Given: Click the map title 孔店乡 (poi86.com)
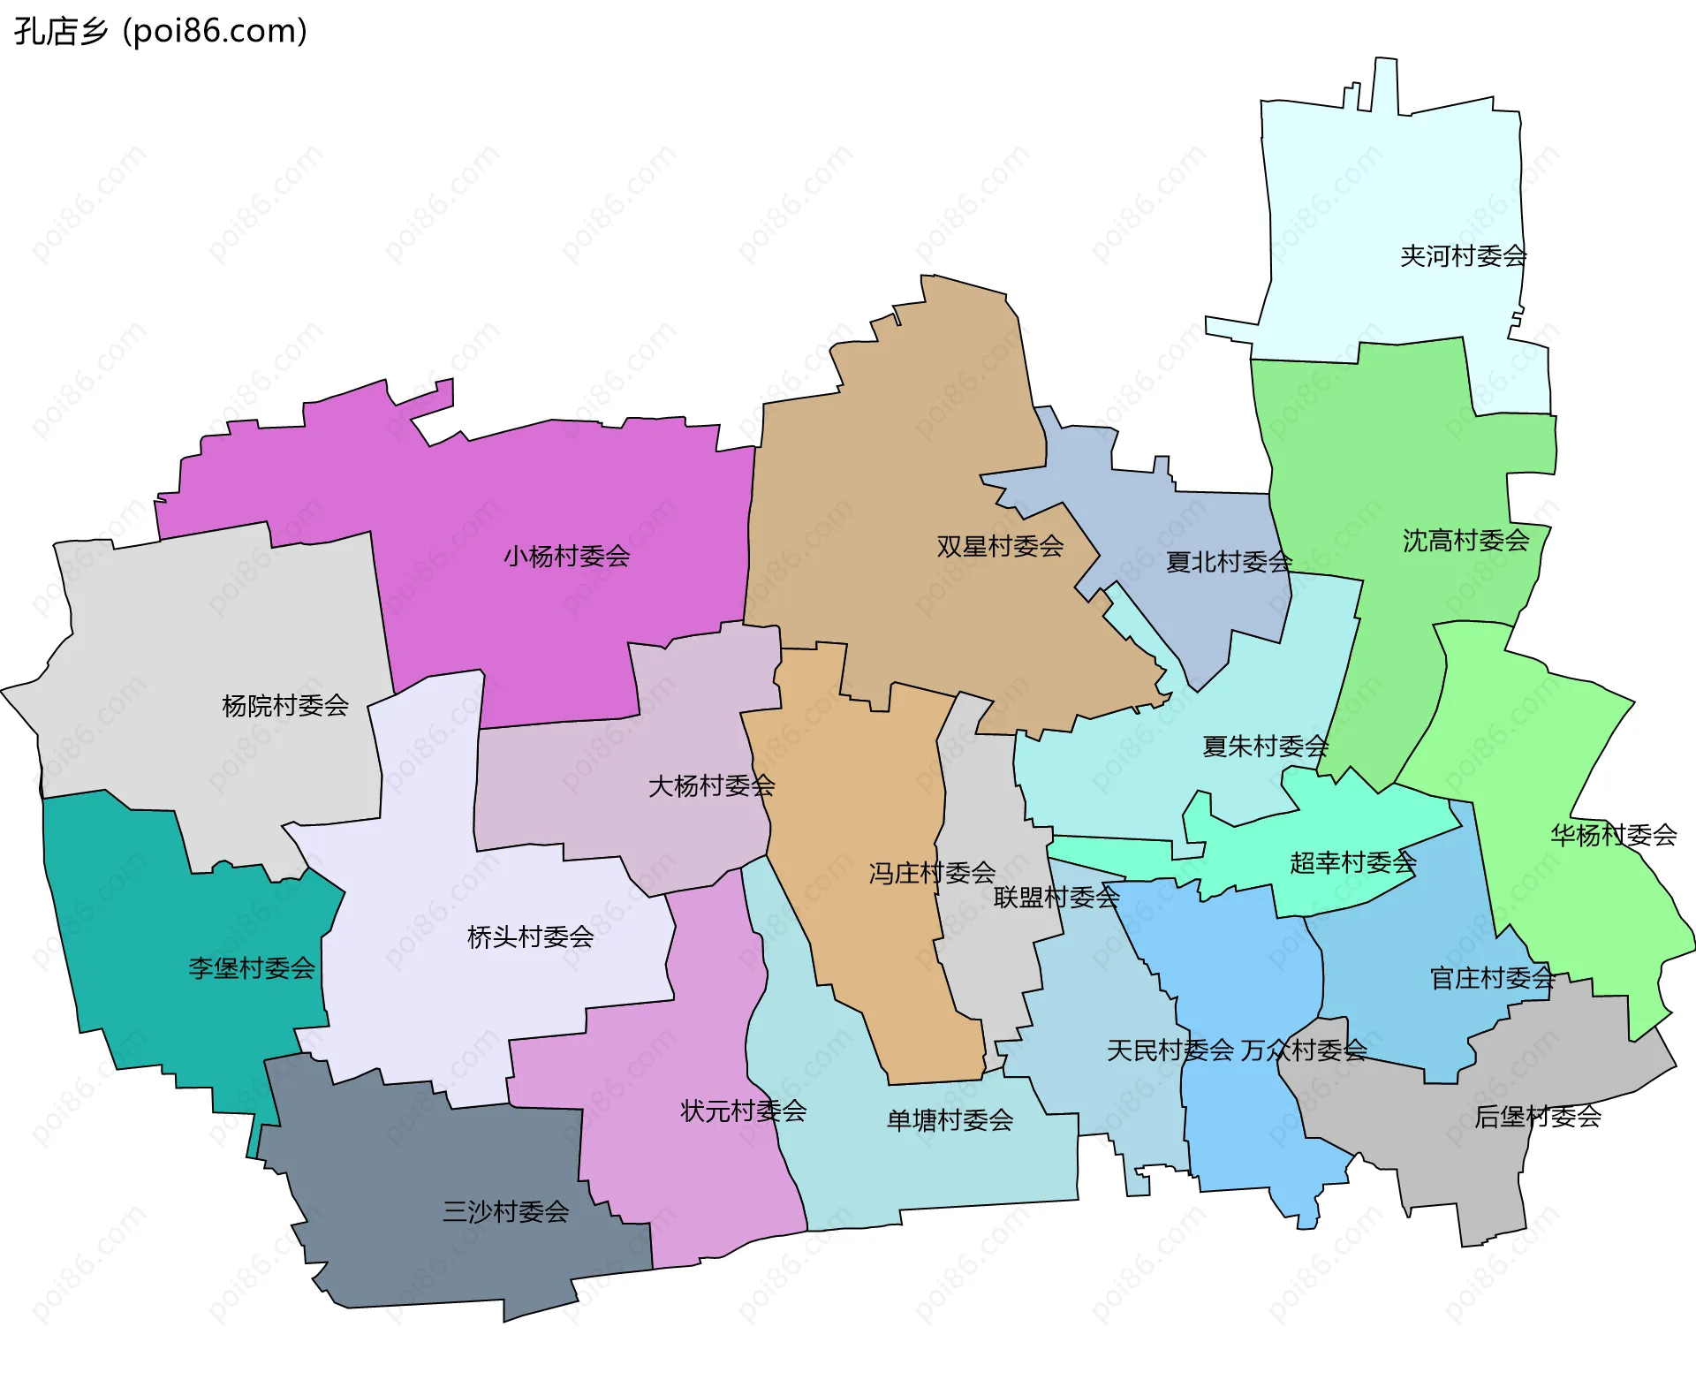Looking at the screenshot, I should pos(160,31).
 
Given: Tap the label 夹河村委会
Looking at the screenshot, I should pos(1463,256).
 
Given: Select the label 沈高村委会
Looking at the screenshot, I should pos(1465,541).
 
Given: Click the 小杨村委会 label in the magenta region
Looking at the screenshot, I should pos(566,557).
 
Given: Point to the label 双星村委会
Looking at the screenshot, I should pos(1000,547).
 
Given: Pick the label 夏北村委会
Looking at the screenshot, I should pos(1228,562).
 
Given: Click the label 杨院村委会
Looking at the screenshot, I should pos(285,706).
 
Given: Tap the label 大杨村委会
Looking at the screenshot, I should pos(711,786).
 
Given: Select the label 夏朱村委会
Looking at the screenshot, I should pos(1265,747).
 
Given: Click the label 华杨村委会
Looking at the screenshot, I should pos(1613,835).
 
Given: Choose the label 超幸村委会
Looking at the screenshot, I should pos(1352,862).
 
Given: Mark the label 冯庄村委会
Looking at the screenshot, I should pos(932,874).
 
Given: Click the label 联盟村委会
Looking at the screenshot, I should pos(1056,898).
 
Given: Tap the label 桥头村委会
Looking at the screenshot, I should pos(530,937).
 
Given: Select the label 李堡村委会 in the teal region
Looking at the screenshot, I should pos(252,968).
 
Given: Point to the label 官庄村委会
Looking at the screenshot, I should pos(1492,978).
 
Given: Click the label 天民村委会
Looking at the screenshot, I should pos(1170,1050).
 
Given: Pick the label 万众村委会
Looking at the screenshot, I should pos(1304,1050).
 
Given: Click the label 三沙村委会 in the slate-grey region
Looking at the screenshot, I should pos(505,1211).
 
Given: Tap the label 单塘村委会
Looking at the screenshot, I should pos(950,1120).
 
